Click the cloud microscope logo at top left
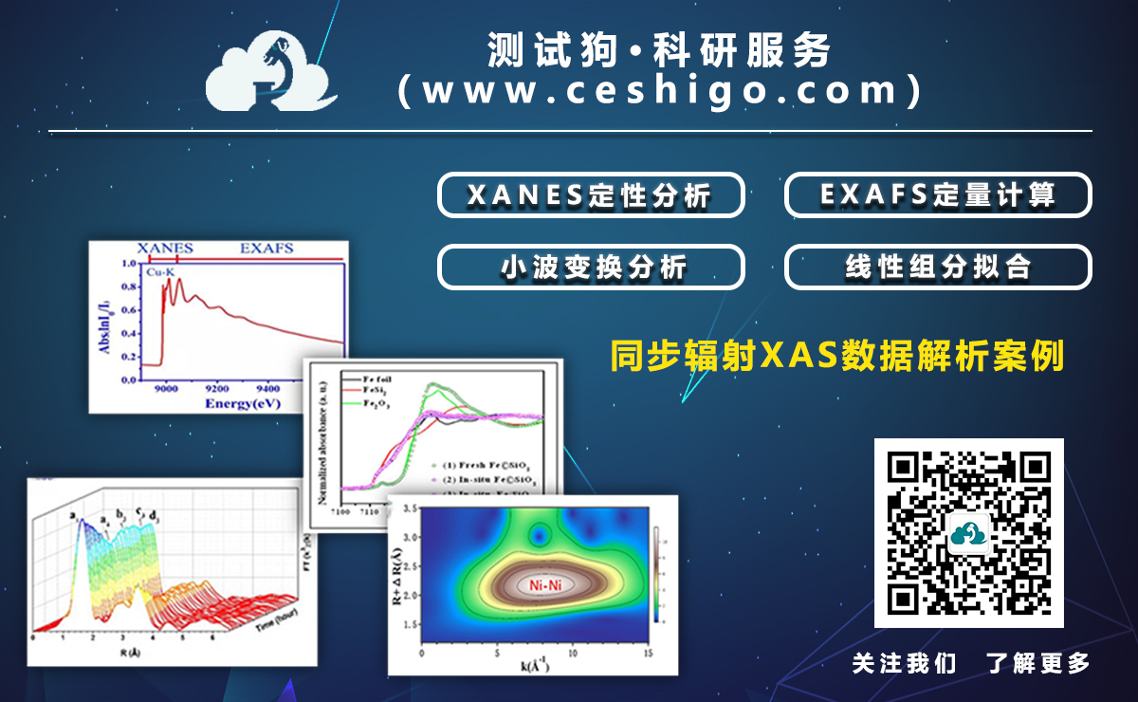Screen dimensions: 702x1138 coord(270,72)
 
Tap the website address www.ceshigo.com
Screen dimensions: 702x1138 coord(660,91)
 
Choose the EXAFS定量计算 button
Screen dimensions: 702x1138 coord(937,195)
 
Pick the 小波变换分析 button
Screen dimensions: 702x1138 coord(590,268)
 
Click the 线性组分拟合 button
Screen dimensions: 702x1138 coord(937,268)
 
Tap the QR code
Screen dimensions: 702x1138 coord(968,532)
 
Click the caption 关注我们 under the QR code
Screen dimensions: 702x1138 coord(904,663)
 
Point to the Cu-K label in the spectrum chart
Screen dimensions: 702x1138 coord(160,272)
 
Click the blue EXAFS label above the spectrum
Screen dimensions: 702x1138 coord(266,249)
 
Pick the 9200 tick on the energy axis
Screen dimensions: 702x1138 coord(217,389)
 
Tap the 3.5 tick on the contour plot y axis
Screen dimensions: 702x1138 coord(408,509)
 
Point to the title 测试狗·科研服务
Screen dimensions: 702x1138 coord(660,49)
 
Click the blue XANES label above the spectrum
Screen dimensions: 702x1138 coord(165,249)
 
